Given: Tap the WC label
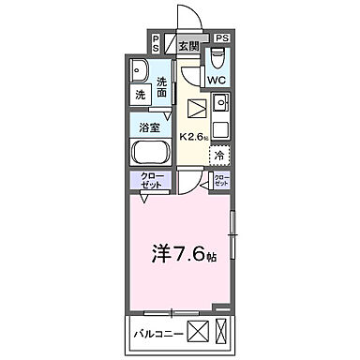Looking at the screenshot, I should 216,81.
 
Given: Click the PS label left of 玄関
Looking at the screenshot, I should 156,44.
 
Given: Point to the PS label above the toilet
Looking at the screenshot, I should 221,37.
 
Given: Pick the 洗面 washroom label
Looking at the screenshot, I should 163,86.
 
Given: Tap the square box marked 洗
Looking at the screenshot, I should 139,94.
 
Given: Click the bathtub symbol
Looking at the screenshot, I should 149,153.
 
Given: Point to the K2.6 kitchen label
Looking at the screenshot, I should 194,134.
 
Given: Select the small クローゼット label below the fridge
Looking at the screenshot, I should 221,180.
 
